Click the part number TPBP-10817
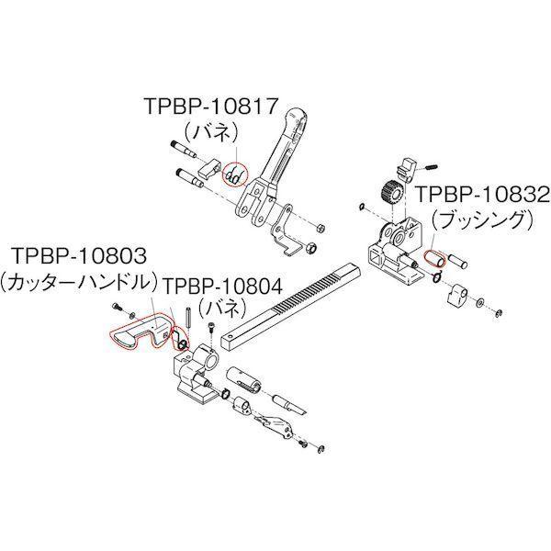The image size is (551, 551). pyautogui.click(x=211, y=106)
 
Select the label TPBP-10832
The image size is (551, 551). pyautogui.click(x=482, y=195)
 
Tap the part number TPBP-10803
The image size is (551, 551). pyautogui.click(x=79, y=255)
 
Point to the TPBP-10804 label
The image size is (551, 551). pyautogui.click(x=223, y=286)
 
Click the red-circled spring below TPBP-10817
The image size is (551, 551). pyautogui.click(x=235, y=174)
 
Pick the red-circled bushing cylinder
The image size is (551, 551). pyautogui.click(x=434, y=258)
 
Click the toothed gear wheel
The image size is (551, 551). pyautogui.click(x=390, y=192)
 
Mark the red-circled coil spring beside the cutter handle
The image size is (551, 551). pyautogui.click(x=180, y=339)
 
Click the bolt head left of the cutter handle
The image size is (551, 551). pyautogui.click(x=117, y=307)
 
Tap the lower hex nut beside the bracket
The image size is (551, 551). pyautogui.click(x=310, y=249)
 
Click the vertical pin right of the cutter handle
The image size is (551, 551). pyautogui.click(x=188, y=319)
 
